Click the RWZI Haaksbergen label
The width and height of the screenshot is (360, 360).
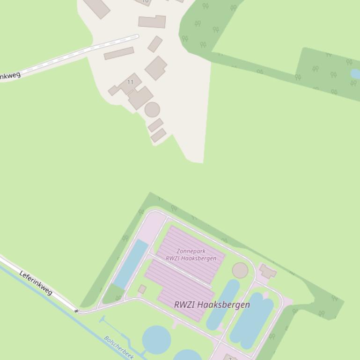click(212, 304)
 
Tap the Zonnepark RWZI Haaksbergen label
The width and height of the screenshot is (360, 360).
click(191, 255)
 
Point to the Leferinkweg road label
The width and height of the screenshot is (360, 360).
click(36, 282)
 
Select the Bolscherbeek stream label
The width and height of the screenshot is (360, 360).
click(118, 347)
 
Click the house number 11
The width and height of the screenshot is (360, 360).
click(130, 82)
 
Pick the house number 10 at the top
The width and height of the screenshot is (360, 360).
click(145, 1)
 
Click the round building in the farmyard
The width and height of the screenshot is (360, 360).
click(152, 110)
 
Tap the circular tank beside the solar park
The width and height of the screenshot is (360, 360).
click(240, 270)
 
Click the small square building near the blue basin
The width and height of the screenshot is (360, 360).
click(142, 290)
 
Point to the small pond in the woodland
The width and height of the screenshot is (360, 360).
click(356, 74)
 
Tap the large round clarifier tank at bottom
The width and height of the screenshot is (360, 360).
click(156, 339)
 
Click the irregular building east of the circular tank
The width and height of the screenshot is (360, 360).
click(268, 271)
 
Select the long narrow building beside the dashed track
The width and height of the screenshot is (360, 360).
click(119, 53)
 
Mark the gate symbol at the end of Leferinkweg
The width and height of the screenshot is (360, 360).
click(76, 310)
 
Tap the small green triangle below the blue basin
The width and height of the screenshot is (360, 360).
click(112, 295)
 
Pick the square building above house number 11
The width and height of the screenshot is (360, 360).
click(156, 68)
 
